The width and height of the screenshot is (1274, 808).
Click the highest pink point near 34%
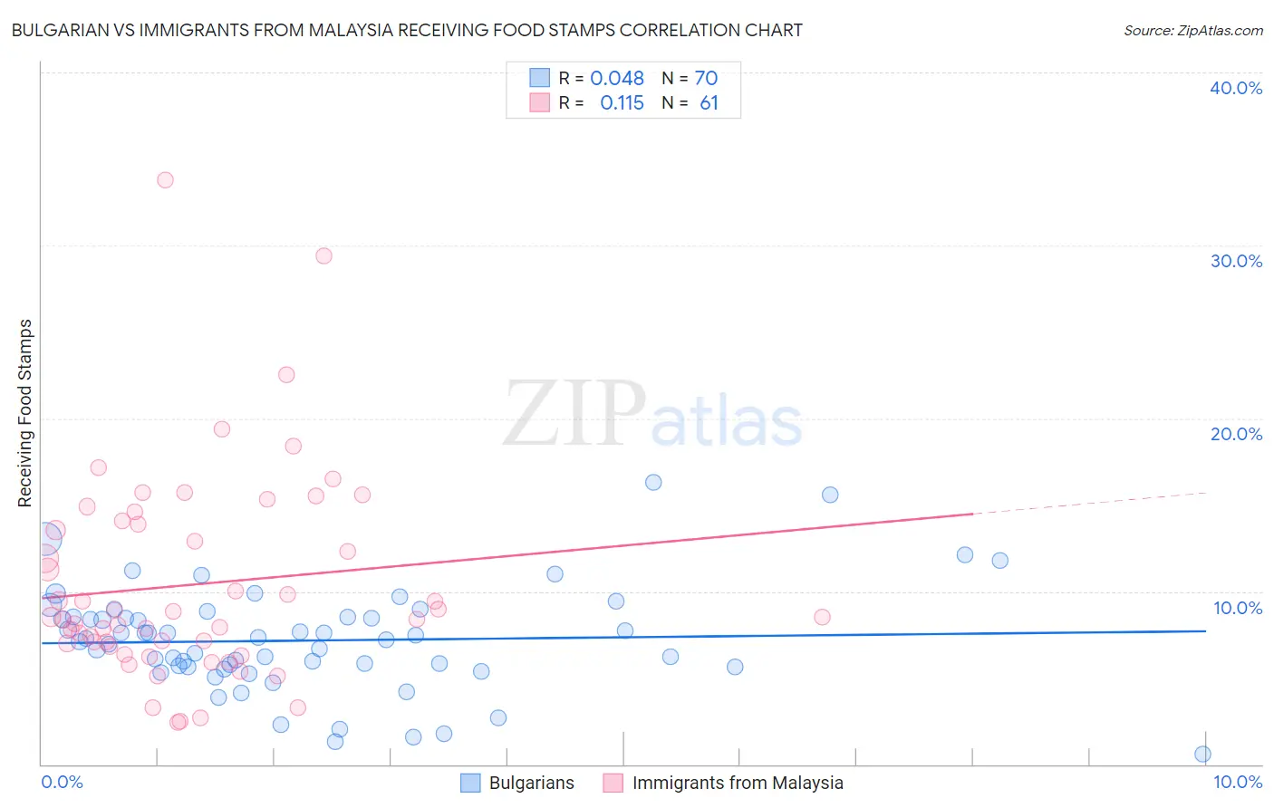165,179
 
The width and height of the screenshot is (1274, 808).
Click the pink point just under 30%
323,255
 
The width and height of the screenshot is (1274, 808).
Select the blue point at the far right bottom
1202,754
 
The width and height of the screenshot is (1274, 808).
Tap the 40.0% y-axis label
1236,88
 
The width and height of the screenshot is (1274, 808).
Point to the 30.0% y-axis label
1236,261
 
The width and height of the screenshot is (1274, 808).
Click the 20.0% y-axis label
1236,434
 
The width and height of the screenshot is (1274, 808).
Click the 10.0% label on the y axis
1238,608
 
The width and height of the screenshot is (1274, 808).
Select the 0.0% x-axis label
63,782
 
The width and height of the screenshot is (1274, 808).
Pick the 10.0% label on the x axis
1238,782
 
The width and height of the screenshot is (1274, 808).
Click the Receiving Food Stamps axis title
24,413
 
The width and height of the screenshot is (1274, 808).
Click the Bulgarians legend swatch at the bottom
470,783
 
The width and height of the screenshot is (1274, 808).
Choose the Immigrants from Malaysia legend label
738,783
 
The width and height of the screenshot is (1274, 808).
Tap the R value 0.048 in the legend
617,78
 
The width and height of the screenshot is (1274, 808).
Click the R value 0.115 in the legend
622,102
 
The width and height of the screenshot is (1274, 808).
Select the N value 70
706,78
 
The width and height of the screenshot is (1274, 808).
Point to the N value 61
709,102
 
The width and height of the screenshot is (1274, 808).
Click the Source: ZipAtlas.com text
1192,30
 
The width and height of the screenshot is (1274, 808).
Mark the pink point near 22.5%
286,374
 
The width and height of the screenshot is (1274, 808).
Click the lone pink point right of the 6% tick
822,617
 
